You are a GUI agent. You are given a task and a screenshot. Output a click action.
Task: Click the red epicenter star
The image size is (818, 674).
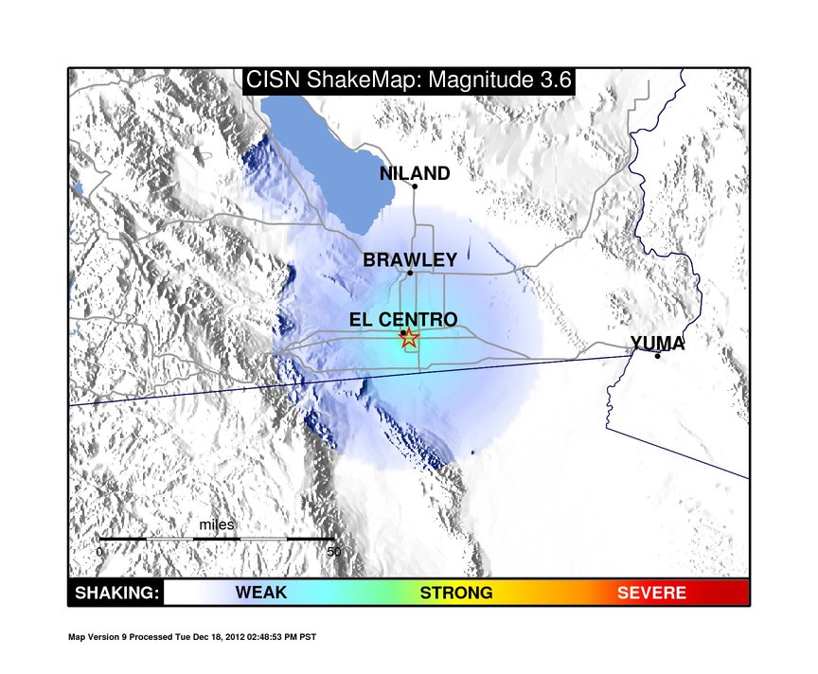410,338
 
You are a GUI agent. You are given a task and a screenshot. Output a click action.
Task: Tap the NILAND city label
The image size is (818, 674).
415,173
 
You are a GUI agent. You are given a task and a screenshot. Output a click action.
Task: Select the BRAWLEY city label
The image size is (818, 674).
410,259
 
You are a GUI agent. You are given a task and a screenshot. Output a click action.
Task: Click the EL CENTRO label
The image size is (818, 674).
403,319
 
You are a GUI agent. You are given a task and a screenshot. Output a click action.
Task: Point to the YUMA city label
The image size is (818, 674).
657,344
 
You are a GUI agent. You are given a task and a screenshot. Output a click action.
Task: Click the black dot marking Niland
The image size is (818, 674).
415,186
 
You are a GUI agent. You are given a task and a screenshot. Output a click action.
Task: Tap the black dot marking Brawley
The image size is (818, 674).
410,273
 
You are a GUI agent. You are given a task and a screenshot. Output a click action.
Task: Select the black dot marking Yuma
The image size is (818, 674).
657,356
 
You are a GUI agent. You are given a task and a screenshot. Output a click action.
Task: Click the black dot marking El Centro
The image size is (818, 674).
403,333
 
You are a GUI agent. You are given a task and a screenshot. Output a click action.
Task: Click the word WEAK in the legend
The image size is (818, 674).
261,593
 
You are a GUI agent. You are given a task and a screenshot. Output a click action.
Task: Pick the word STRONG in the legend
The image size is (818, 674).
456,593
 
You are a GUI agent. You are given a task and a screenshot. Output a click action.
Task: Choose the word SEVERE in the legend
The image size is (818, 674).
651,593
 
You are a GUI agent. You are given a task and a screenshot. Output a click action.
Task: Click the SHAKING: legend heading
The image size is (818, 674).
116,593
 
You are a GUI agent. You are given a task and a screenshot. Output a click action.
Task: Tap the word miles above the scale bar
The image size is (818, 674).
217,524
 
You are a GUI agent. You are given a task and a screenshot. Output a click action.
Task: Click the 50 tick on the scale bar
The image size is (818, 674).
334,551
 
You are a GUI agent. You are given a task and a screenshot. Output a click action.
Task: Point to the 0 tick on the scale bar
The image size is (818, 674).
99,551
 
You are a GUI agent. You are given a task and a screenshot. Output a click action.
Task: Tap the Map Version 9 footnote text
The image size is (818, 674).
192,637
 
